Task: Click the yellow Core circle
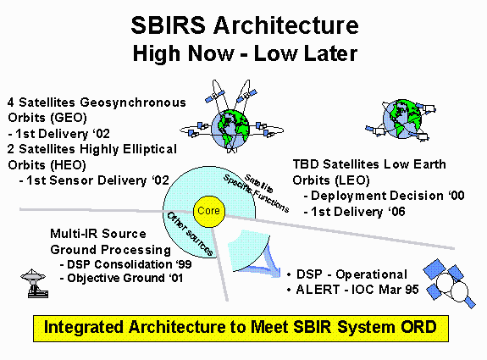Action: tap(208, 211)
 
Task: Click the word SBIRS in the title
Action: tap(168, 25)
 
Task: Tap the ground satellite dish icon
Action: tap(34, 283)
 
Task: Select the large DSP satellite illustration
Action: tap(449, 284)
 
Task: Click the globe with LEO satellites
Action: tap(402, 120)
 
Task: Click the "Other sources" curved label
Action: tap(190, 234)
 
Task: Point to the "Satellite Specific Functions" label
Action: tap(257, 193)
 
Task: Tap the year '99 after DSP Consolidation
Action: tap(183, 264)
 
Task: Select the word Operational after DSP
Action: tap(371, 274)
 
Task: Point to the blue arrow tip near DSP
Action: tap(279, 273)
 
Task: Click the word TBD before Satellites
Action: tap(306, 164)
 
